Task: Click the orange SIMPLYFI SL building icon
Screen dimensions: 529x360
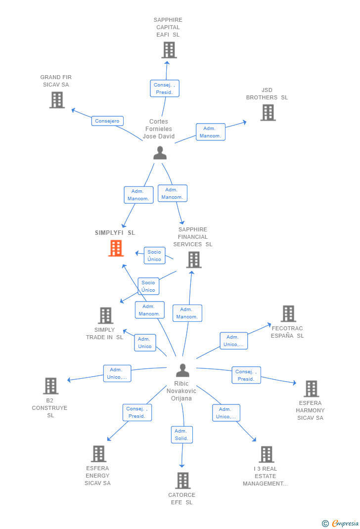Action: click(x=116, y=248)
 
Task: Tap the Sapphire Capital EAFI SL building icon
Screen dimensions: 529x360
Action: click(x=169, y=50)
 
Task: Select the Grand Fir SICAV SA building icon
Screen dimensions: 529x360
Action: click(x=57, y=100)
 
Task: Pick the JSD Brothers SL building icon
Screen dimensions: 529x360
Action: click(x=268, y=113)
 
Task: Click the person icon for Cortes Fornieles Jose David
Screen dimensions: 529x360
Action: click(x=160, y=153)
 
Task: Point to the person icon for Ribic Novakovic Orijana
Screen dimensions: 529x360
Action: click(x=182, y=370)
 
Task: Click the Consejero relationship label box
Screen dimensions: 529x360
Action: click(x=107, y=121)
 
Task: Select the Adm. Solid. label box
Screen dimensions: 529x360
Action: click(x=181, y=435)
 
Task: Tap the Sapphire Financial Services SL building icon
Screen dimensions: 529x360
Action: click(x=194, y=260)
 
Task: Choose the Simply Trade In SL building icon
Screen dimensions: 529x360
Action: click(x=105, y=315)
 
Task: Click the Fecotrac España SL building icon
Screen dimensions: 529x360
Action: click(x=288, y=313)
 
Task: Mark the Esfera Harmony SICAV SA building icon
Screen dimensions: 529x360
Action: click(x=311, y=389)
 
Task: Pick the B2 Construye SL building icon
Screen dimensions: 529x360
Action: click(x=50, y=386)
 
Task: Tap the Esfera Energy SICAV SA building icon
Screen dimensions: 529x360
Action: click(x=98, y=454)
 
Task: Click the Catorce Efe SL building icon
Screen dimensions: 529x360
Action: click(x=183, y=480)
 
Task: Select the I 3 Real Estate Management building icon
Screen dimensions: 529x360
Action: click(x=267, y=454)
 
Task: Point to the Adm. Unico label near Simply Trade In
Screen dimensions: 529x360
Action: click(x=145, y=343)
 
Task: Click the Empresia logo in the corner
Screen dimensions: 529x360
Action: click(x=341, y=523)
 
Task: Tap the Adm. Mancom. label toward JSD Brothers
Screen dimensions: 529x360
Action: click(x=211, y=132)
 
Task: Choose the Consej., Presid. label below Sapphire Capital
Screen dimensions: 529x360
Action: click(x=164, y=88)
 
